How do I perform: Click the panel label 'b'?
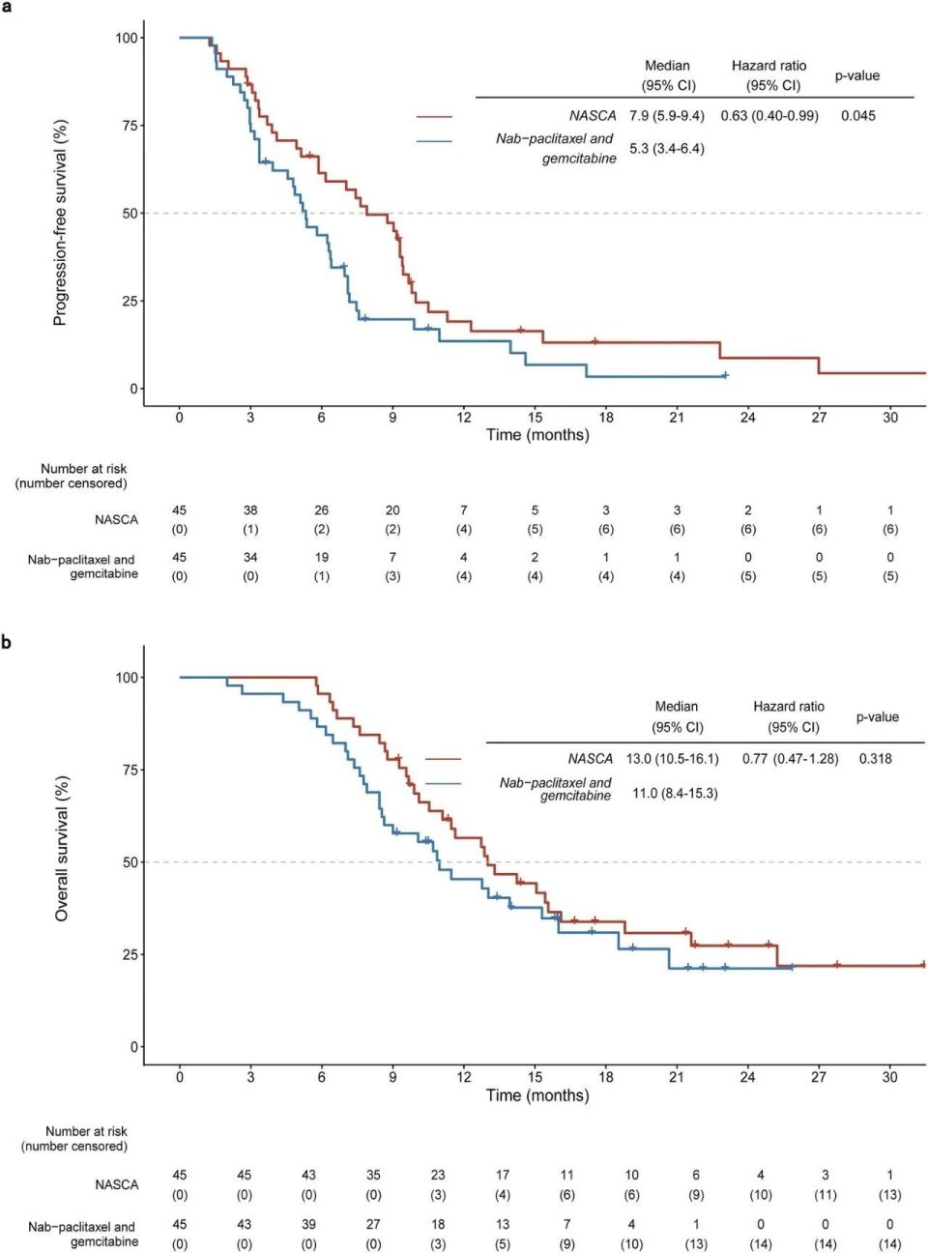coord(7,642)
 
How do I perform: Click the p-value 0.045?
coord(857,116)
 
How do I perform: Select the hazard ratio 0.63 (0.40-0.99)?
coord(768,116)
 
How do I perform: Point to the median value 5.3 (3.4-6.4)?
coord(666,149)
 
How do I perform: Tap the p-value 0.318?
coord(875,759)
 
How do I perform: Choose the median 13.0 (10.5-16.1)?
coord(672,759)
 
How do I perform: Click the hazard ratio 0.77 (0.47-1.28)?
coord(790,759)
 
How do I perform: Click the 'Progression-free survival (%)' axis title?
coord(60,222)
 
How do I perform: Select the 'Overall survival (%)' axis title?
coord(62,848)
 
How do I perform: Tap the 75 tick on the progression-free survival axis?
coord(130,126)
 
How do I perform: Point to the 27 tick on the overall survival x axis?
coord(819,1077)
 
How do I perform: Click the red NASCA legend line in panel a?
coord(434,117)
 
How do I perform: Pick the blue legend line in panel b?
coord(443,783)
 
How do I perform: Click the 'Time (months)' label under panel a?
coord(536,435)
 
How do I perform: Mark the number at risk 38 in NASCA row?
coord(250,510)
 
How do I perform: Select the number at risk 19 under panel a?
coord(321,558)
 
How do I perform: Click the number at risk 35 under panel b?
coord(373,1176)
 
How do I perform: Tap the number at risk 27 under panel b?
coord(373,1225)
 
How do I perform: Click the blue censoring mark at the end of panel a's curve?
coord(725,375)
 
